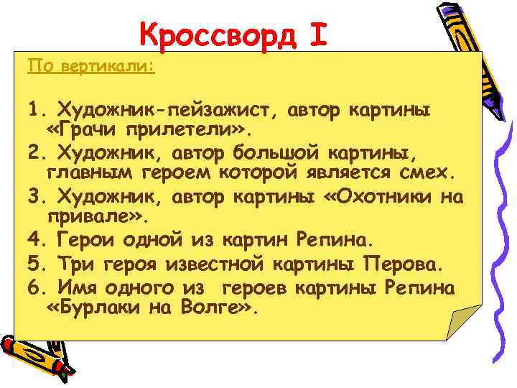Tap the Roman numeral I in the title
(319, 34)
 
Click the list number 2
(34, 152)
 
